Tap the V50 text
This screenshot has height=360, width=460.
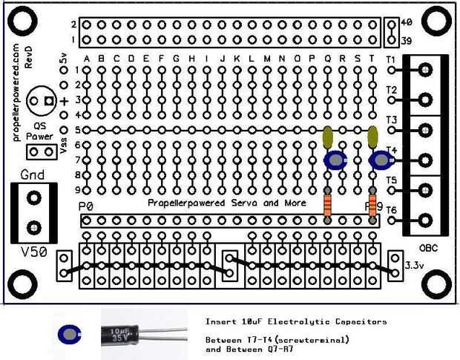[34, 252]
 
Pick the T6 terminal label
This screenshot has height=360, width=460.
[391, 212]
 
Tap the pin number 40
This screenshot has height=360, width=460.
[406, 24]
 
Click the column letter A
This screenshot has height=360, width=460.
[88, 59]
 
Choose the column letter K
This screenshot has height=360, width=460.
[237, 59]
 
